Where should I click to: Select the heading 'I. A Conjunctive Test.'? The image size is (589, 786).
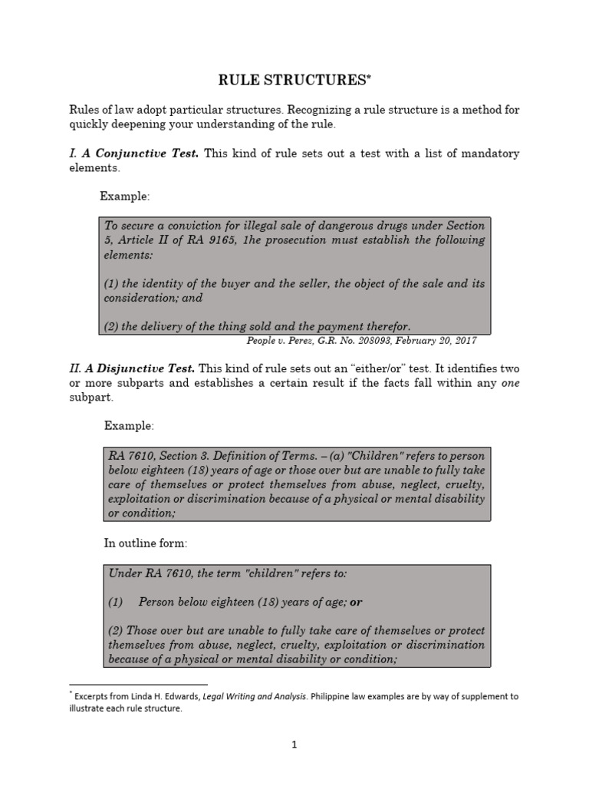(x=133, y=154)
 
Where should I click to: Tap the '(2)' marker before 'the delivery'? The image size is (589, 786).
(x=112, y=325)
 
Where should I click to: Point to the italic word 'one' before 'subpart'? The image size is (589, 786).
(x=510, y=383)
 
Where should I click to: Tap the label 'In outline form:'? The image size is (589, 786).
(x=146, y=543)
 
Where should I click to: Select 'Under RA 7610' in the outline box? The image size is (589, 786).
(x=144, y=573)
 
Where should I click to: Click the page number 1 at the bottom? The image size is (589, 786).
(x=294, y=745)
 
